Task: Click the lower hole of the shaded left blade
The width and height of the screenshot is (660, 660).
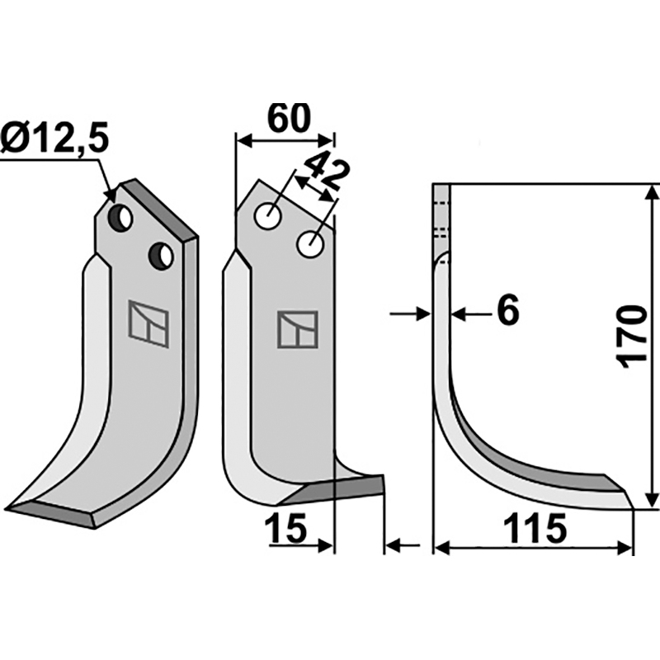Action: coord(160,256)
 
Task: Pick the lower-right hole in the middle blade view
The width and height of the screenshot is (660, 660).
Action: coord(311,244)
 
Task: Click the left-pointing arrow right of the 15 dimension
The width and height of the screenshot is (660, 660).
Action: coord(400,544)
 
